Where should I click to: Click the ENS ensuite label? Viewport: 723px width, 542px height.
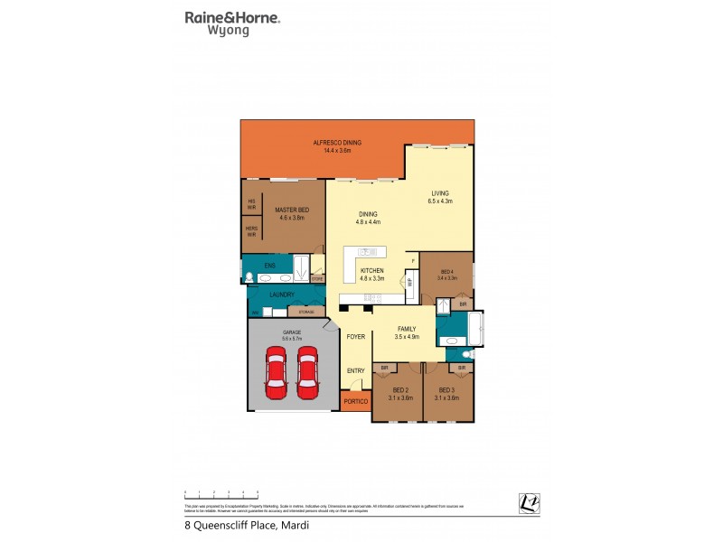click(x=269, y=266)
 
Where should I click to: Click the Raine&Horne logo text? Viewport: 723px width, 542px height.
click(x=232, y=17)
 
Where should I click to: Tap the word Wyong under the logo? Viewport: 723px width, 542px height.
click(x=230, y=31)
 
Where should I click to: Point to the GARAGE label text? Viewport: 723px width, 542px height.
click(x=291, y=332)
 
